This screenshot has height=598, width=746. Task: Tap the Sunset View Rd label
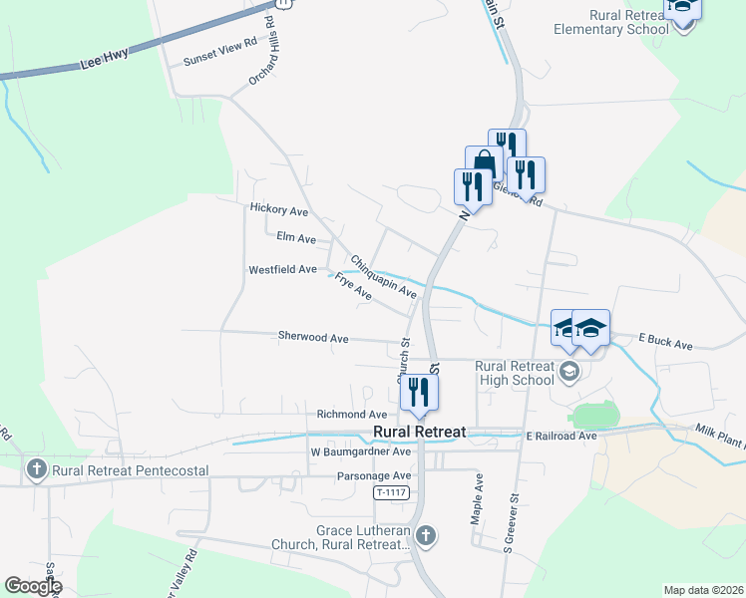click(x=220, y=60)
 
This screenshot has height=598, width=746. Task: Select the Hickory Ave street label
click(x=278, y=210)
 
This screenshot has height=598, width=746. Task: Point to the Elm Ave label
click(x=296, y=239)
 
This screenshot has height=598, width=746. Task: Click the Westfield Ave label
click(x=282, y=270)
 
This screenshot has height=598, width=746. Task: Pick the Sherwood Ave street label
click(x=313, y=339)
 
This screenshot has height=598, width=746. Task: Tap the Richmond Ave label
click(x=351, y=415)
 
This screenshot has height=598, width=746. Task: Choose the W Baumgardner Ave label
click(x=360, y=451)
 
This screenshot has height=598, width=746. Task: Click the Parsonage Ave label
click(x=373, y=476)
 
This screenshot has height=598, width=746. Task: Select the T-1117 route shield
click(x=393, y=493)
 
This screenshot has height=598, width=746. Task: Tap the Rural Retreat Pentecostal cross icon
click(x=37, y=468)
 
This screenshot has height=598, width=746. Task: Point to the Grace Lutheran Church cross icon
click(x=426, y=536)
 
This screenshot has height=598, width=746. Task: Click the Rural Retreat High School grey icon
click(x=569, y=373)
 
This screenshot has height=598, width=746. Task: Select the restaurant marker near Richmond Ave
click(x=419, y=392)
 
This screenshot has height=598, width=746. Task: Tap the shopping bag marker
click(x=484, y=162)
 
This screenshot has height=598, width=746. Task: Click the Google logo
click(x=32, y=586)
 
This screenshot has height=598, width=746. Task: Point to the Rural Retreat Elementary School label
click(x=611, y=22)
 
